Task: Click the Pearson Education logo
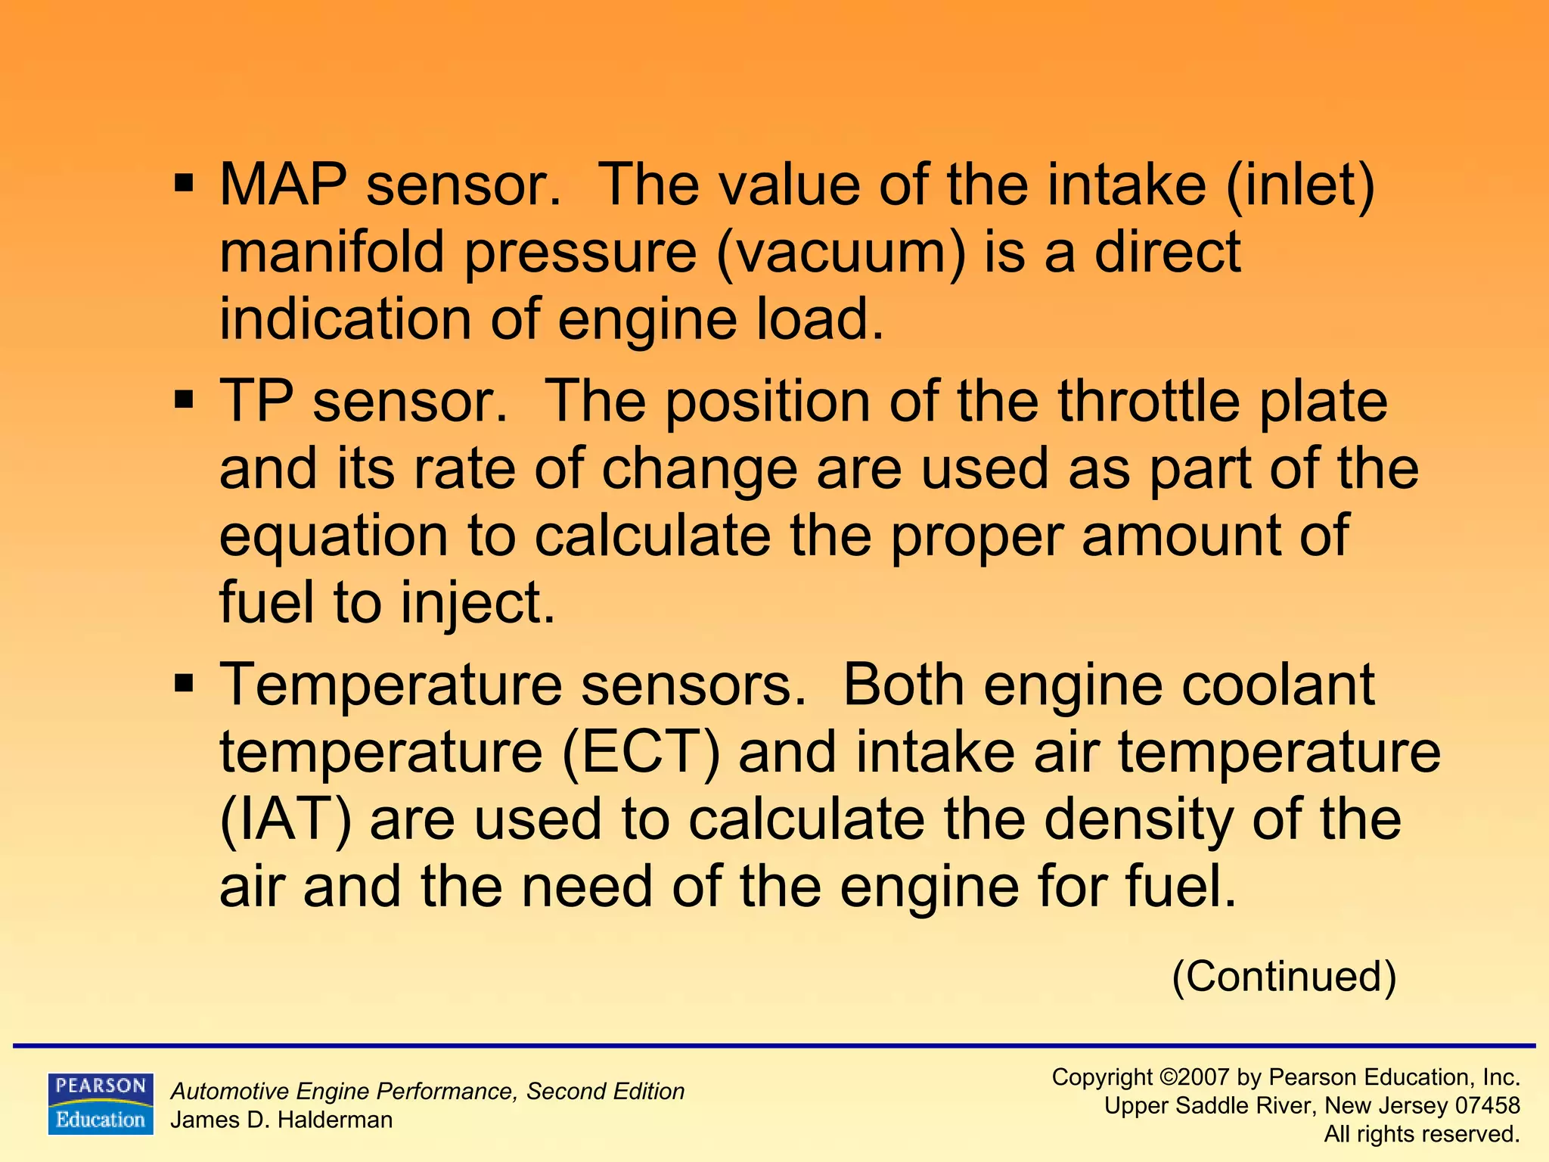pos(101,1103)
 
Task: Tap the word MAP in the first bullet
pos(283,185)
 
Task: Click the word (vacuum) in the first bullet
pos(841,253)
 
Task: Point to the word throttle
pos(1149,401)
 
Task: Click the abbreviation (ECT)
pos(641,752)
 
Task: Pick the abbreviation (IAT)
pos(285,819)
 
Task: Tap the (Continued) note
pos(1284,977)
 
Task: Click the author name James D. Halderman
pos(281,1120)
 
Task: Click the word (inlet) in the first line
pos(1299,186)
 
